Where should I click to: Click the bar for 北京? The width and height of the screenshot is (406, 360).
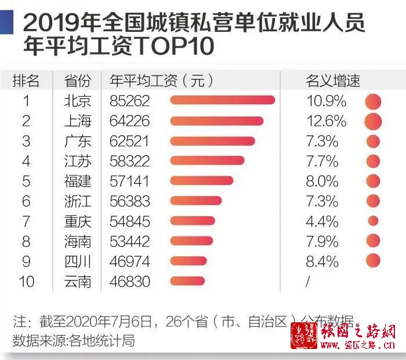(x=222, y=101)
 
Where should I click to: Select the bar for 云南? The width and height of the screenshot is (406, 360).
(x=188, y=282)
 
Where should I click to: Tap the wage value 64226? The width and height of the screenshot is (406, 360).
(x=129, y=121)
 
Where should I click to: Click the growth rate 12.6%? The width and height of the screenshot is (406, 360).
(x=326, y=121)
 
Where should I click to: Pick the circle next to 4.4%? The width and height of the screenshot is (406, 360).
(x=373, y=221)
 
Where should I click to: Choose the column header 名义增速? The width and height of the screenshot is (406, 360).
(x=332, y=80)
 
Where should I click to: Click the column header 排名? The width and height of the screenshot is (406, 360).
(x=26, y=80)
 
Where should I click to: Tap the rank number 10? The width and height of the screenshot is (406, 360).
(x=26, y=282)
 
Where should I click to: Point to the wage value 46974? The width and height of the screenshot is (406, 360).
(x=129, y=261)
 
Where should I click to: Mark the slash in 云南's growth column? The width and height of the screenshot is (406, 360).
(x=308, y=282)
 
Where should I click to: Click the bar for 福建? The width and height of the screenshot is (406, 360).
(x=202, y=181)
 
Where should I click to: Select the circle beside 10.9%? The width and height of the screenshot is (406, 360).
(x=373, y=101)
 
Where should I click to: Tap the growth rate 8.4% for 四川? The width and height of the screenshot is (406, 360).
(x=322, y=261)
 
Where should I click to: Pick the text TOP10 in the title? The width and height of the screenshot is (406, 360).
(x=175, y=46)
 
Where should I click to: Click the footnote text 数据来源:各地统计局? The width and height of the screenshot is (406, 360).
(x=74, y=340)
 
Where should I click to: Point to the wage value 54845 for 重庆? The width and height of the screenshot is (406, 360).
(x=129, y=221)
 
